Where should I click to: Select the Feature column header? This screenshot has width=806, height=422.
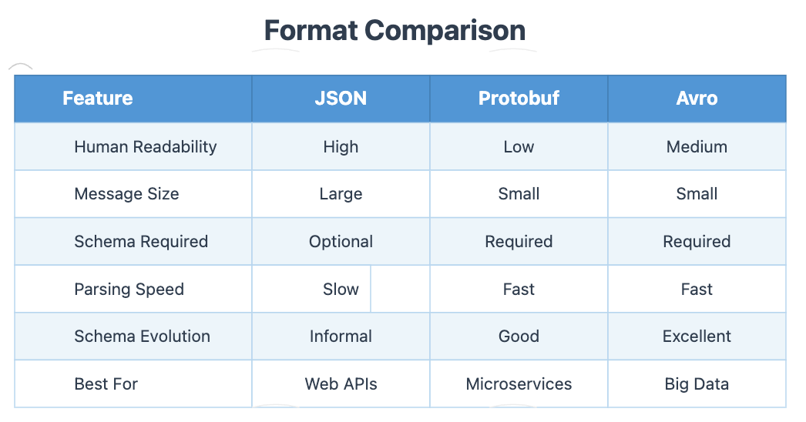(x=98, y=99)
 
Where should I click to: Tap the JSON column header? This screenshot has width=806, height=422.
(x=341, y=99)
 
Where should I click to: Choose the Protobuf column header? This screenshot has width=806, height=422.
(x=519, y=99)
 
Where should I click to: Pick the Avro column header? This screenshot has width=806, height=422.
(x=697, y=99)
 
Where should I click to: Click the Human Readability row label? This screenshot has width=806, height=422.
(x=145, y=146)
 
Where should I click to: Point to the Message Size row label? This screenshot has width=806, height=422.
(x=126, y=194)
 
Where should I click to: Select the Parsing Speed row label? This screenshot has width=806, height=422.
(x=129, y=290)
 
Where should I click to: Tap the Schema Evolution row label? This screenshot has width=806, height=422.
(x=142, y=337)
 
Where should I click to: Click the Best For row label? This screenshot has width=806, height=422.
(x=106, y=383)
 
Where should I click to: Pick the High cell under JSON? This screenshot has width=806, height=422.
(x=341, y=146)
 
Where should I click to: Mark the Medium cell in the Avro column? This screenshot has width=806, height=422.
(x=697, y=146)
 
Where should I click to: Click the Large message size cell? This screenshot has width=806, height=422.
(x=341, y=194)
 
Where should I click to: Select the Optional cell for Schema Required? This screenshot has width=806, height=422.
(x=341, y=242)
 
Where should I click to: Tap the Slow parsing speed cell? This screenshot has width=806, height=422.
(x=341, y=290)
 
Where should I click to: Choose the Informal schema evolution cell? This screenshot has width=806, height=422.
(x=341, y=337)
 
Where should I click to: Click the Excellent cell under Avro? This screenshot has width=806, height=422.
(x=697, y=337)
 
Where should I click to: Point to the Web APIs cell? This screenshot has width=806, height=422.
(x=341, y=383)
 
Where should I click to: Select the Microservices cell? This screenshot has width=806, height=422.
(x=519, y=383)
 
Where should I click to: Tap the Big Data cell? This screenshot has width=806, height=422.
(x=697, y=383)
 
